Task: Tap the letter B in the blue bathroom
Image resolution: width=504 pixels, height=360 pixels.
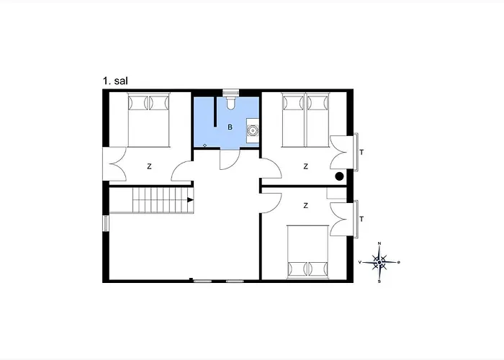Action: [x=230, y=127]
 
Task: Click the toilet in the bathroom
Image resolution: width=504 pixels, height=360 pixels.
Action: [x=230, y=104]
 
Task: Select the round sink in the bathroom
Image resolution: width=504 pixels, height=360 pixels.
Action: [x=253, y=130]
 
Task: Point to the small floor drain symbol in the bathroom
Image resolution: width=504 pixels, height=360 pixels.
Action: [x=205, y=145]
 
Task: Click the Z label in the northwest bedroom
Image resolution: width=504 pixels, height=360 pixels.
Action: [x=150, y=166]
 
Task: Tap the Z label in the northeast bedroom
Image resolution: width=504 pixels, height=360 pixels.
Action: [x=306, y=166]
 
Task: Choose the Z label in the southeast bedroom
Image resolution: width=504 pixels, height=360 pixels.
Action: [x=306, y=205]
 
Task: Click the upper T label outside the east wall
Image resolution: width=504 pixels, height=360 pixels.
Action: [x=361, y=152]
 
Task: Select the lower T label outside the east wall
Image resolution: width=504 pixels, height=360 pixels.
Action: [x=361, y=219]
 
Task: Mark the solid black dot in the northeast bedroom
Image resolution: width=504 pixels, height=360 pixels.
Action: [x=338, y=175]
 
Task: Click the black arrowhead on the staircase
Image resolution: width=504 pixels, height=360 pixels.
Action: [x=190, y=200]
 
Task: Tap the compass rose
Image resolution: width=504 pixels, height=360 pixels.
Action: [x=379, y=262]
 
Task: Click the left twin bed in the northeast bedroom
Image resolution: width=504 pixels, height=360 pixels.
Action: [x=293, y=119]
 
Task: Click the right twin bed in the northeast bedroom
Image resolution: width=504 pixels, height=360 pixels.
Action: [x=318, y=119]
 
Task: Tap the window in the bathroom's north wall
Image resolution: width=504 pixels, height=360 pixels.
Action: [x=230, y=91]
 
